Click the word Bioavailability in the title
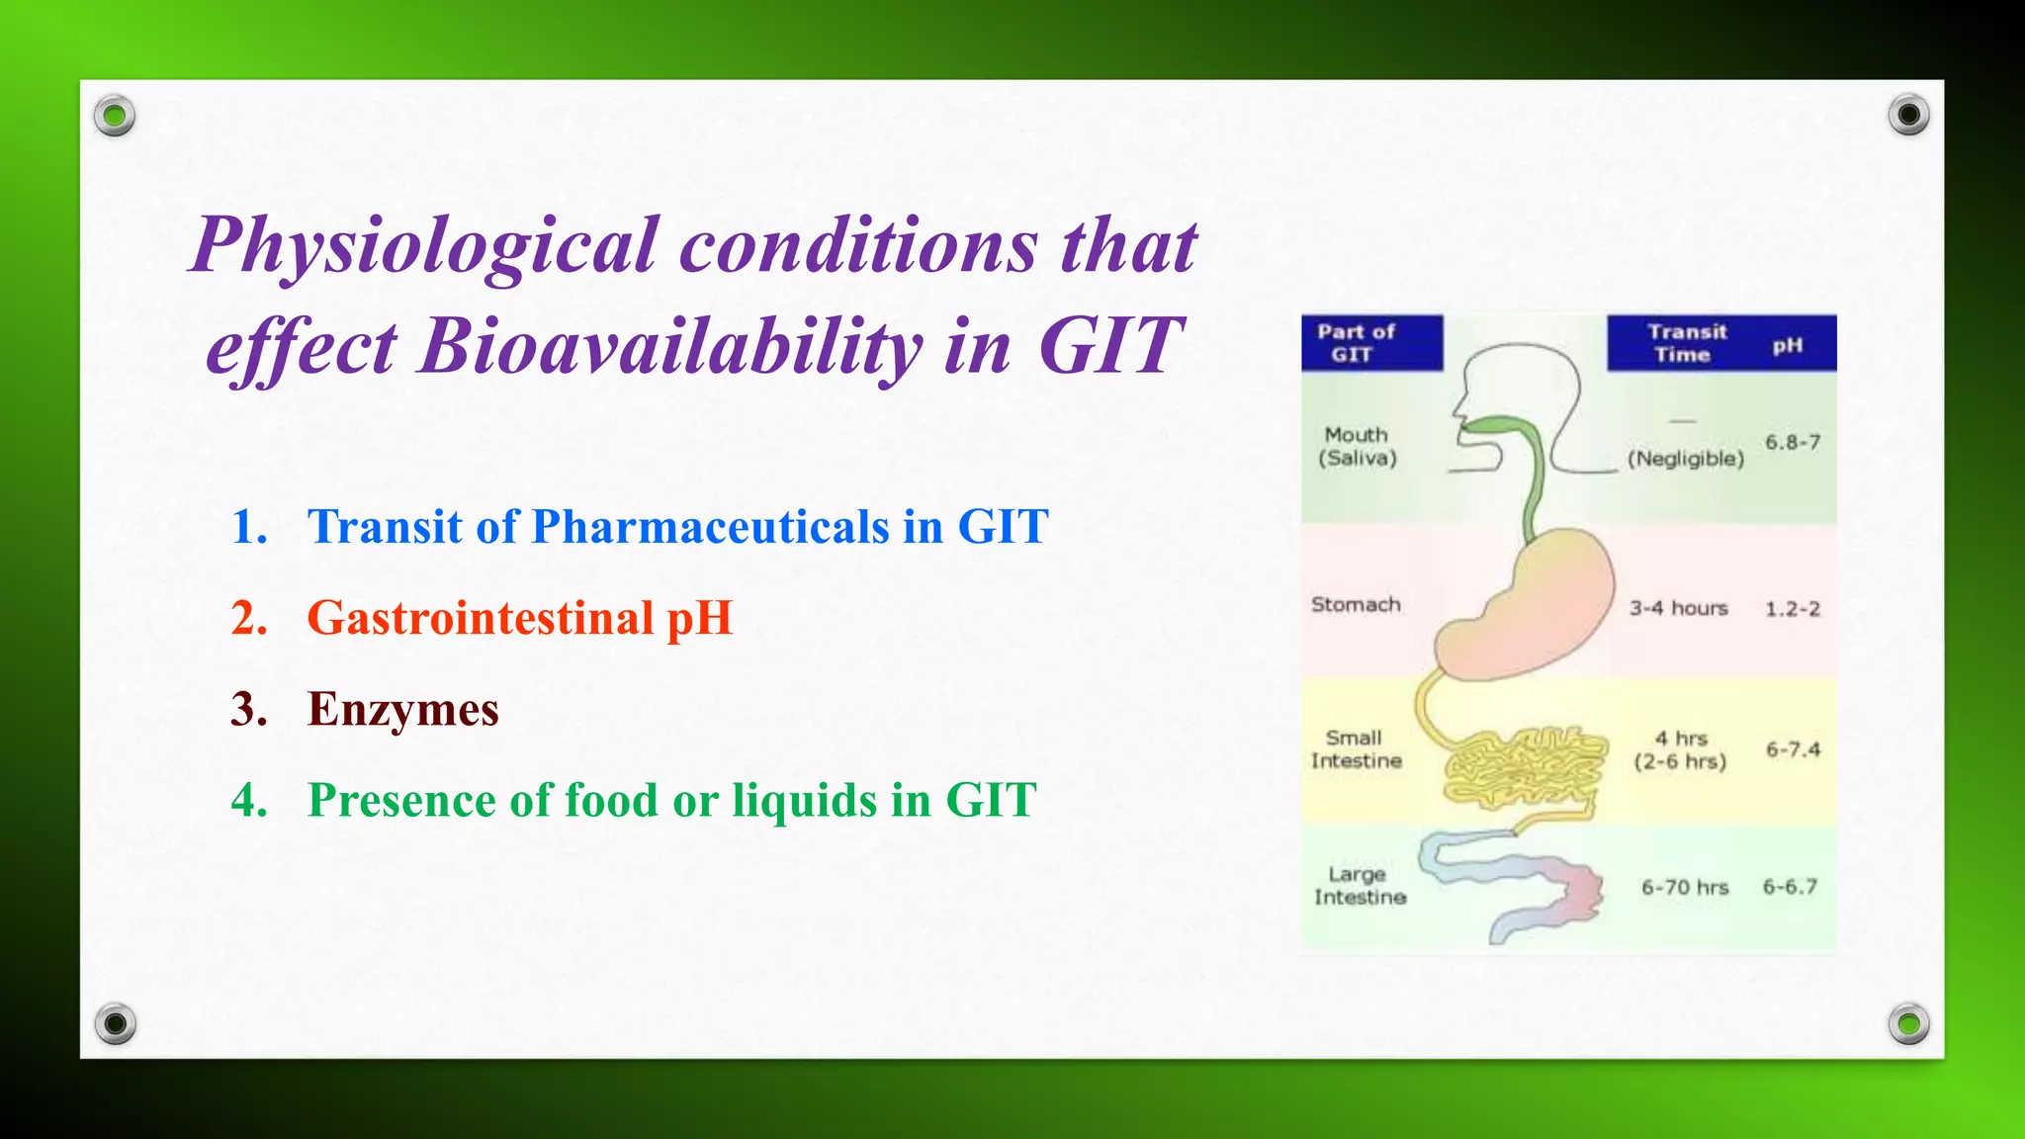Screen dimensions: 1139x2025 pyautogui.click(x=670, y=347)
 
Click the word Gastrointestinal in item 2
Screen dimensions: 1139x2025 pyautogui.click(x=480, y=618)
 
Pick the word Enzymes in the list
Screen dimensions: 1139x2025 pyautogui.click(x=402, y=709)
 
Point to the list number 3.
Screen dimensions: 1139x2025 pyautogui.click(x=248, y=709)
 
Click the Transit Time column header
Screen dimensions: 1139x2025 pyautogui.click(x=1685, y=343)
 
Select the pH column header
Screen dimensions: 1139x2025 pyautogui.click(x=1787, y=345)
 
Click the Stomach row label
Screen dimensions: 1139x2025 pyautogui.click(x=1356, y=604)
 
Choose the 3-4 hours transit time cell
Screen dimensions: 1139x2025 pyautogui.click(x=1678, y=608)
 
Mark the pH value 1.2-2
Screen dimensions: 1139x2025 pyautogui.click(x=1792, y=609)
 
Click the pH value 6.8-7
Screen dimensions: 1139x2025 pyautogui.click(x=1792, y=442)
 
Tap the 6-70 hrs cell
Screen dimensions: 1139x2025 pyautogui.click(x=1684, y=887)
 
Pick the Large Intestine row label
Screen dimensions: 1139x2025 pyautogui.click(x=1359, y=885)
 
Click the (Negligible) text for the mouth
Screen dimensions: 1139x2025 pyautogui.click(x=1685, y=459)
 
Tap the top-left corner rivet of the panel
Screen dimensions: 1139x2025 pyautogui.click(x=115, y=117)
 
